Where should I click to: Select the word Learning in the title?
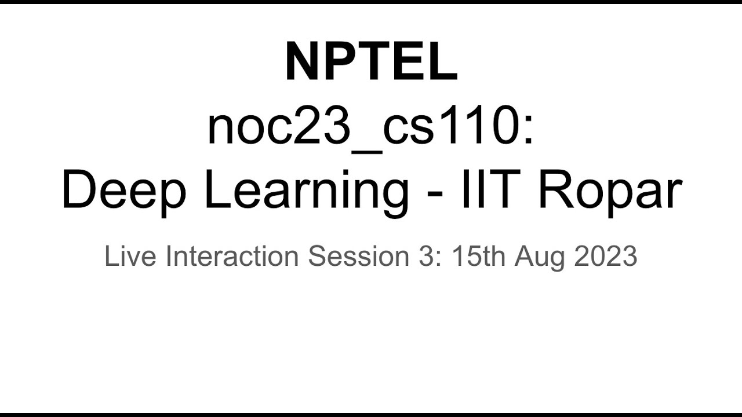[307, 192]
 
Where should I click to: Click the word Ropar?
[610, 192]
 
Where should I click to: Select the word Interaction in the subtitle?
[232, 256]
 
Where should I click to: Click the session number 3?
[425, 256]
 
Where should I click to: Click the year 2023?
[606, 256]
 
